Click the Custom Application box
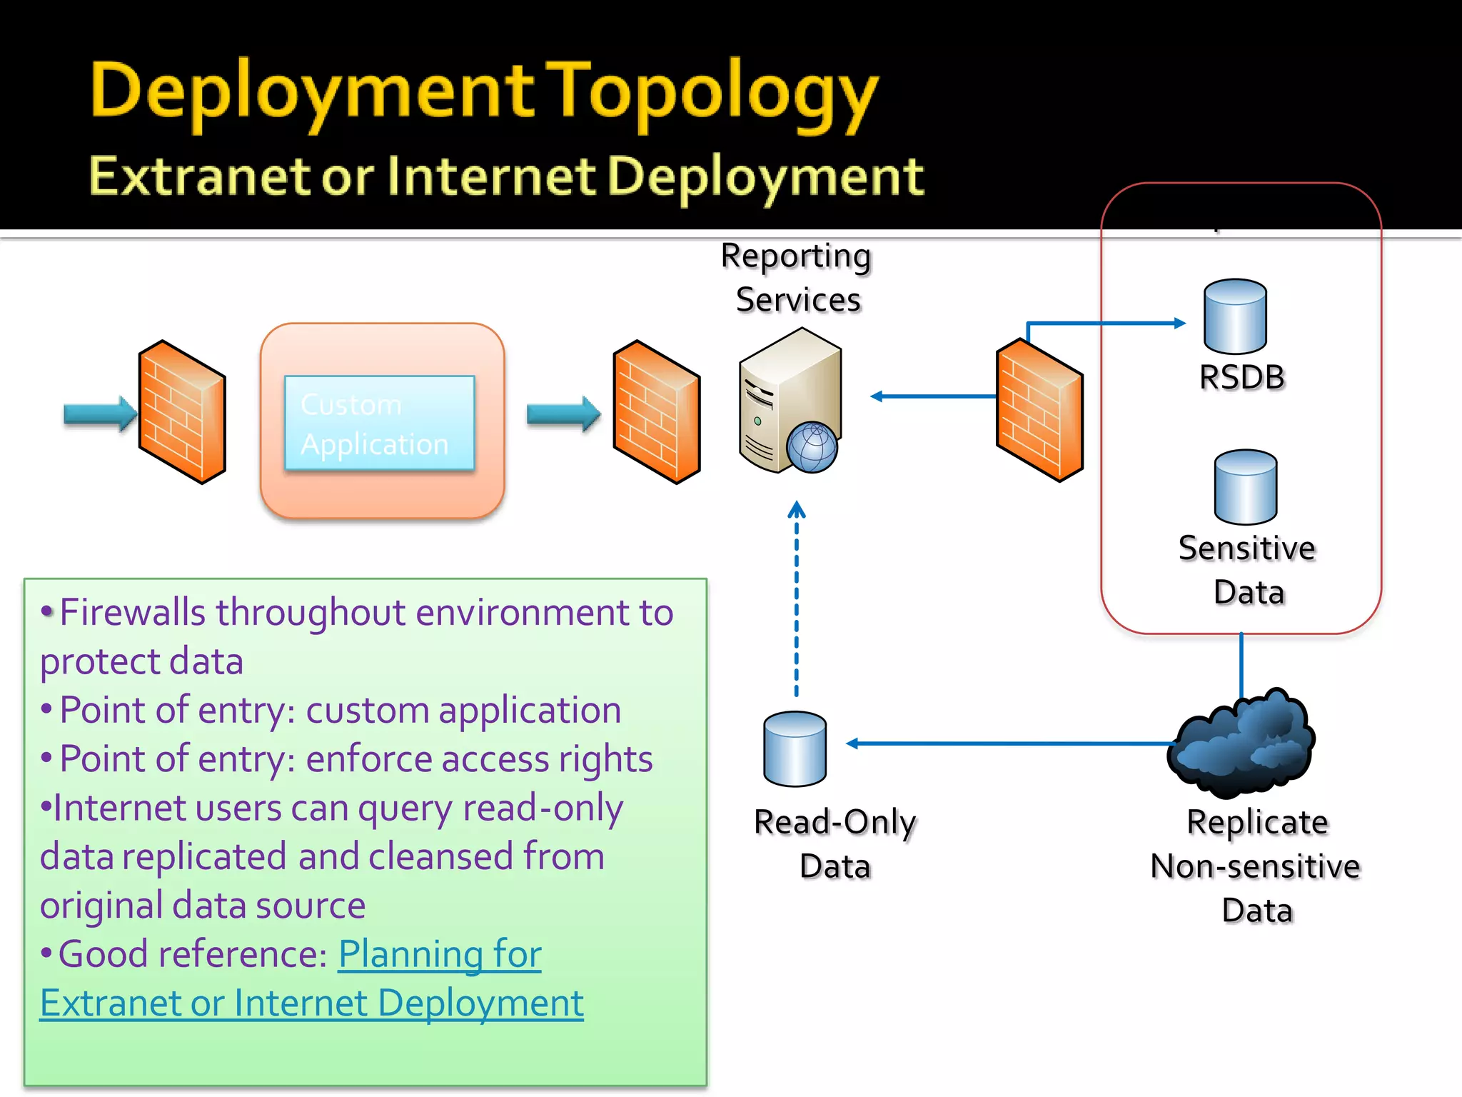click(x=379, y=423)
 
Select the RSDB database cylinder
click(x=1235, y=316)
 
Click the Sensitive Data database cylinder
click(x=1246, y=487)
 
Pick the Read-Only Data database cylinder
click(x=795, y=748)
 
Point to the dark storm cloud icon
click(x=1242, y=743)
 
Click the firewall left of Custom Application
click(x=183, y=412)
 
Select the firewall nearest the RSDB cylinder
click(x=1039, y=411)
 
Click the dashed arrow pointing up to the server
click(x=797, y=600)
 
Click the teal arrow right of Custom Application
click(x=563, y=414)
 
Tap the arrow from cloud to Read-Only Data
click(x=1007, y=743)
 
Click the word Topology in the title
click(x=714, y=93)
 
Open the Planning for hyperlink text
click(x=440, y=954)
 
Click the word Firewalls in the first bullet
click(x=133, y=613)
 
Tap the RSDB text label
click(x=1242, y=377)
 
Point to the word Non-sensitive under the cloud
click(x=1256, y=866)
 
